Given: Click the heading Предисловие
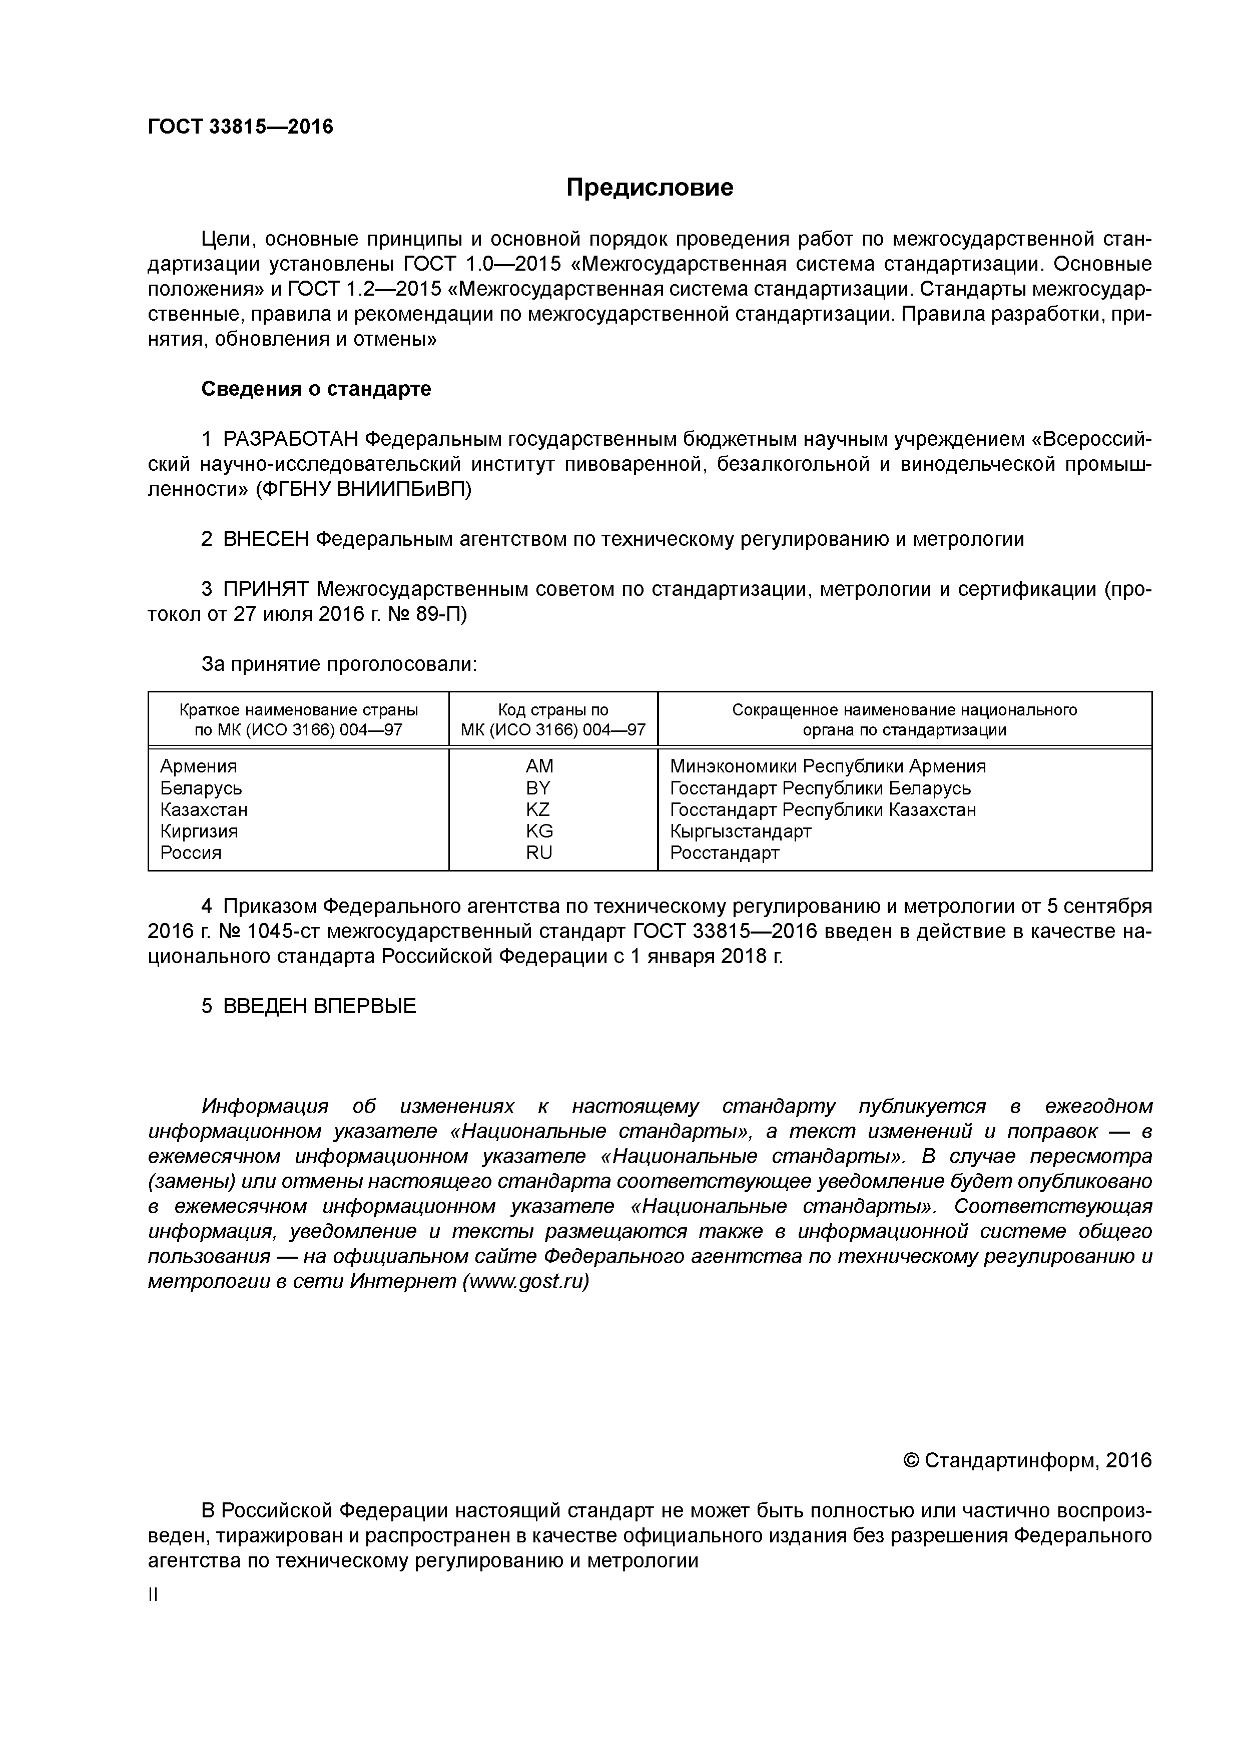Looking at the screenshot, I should coord(649,187).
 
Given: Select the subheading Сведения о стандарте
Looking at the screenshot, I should coord(316,389).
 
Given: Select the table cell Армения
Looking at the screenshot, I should coord(199,766).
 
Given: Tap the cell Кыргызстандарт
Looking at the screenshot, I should coord(740,831).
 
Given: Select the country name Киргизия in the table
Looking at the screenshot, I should coord(199,831).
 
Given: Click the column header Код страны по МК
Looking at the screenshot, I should coord(553,719).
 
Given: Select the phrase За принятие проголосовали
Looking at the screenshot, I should coord(339,664).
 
